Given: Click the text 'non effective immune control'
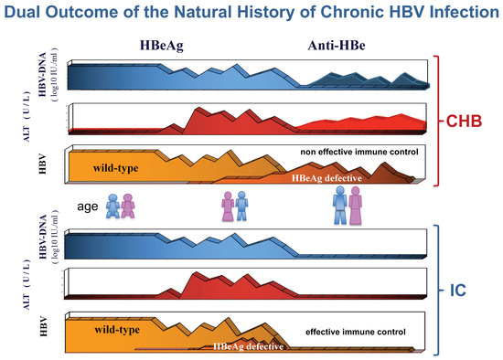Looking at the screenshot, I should pyautogui.click(x=358, y=152).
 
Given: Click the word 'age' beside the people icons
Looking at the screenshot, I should pyautogui.click(x=88, y=206).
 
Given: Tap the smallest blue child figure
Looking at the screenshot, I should pyautogui.click(x=112, y=207).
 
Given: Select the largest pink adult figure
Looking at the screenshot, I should pyautogui.click(x=356, y=205).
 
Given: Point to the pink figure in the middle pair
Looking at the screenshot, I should pyautogui.click(x=228, y=206).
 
